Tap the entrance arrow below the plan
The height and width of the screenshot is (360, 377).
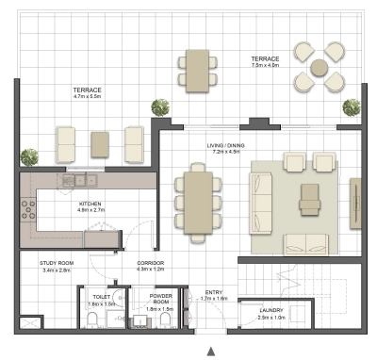197,335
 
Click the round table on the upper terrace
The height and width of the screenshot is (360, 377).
320,67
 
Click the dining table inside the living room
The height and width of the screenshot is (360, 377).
197,201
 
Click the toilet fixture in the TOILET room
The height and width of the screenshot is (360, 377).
92,321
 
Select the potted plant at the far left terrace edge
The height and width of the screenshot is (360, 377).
30,157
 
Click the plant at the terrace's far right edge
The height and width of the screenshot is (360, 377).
352,106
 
